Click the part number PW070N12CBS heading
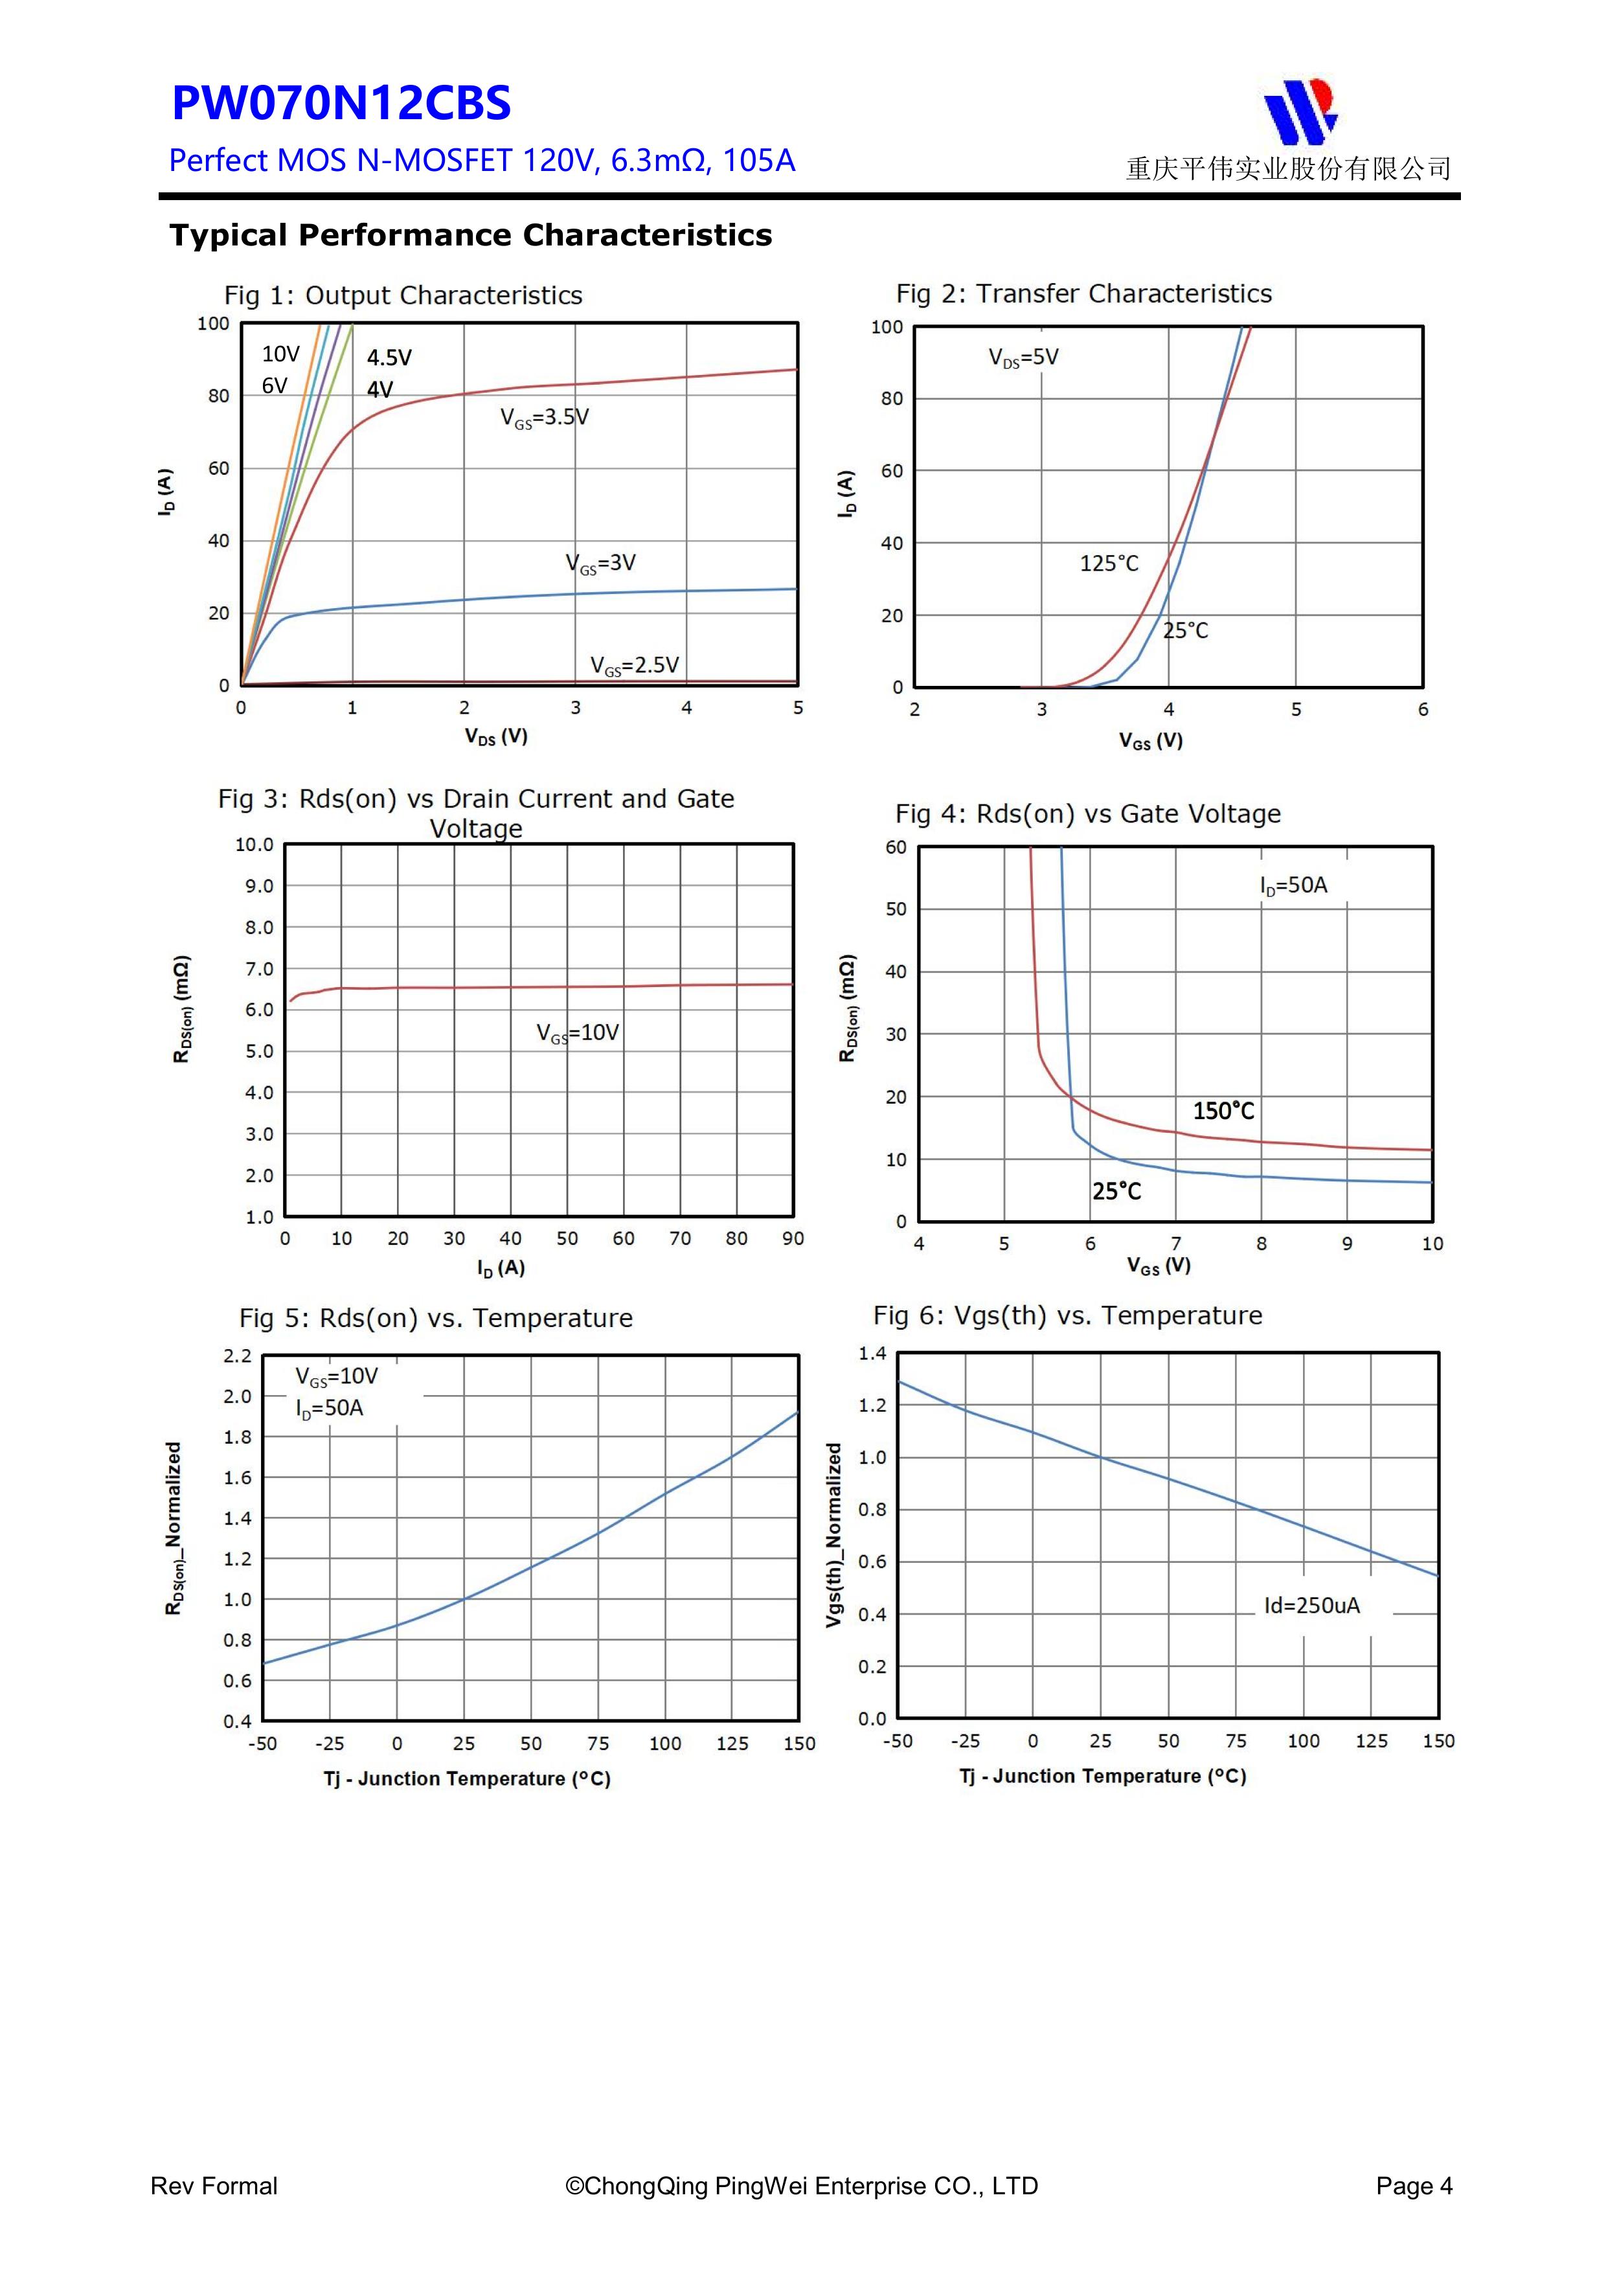[x=341, y=104]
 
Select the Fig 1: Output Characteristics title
[x=403, y=295]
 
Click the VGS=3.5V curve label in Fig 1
[x=543, y=418]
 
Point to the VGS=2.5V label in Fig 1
[x=634, y=665]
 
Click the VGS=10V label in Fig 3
[x=577, y=1033]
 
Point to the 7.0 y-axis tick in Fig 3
[x=259, y=969]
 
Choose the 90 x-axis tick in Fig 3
[x=793, y=1238]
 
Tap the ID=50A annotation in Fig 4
[x=1293, y=885]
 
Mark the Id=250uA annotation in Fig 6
[x=1311, y=1605]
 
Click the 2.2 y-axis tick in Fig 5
[x=238, y=1356]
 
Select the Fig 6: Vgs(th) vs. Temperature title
[x=1067, y=1315]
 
